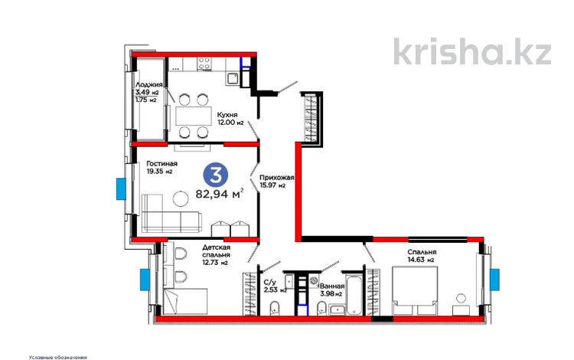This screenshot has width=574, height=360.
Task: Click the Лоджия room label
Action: pyautogui.click(x=148, y=84)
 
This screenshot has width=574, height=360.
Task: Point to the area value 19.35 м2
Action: pyautogui.click(x=159, y=172)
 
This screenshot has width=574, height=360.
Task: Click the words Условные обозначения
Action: pyautogui.click(x=57, y=356)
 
